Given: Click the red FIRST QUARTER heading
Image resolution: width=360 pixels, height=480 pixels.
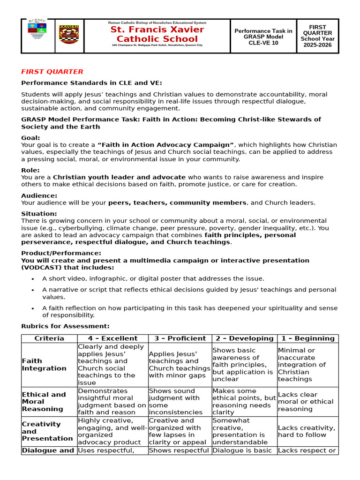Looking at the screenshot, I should (x=52, y=72).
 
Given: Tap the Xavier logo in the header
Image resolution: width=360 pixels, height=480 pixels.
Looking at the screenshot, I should (x=68, y=36).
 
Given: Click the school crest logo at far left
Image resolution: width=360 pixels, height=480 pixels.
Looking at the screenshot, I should (x=37, y=36).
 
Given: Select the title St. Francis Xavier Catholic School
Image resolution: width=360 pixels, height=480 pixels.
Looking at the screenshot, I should (x=157, y=34).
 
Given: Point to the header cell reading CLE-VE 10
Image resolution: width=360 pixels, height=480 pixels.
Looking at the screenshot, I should (x=263, y=43).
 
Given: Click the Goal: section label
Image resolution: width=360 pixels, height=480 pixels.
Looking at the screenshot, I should (x=30, y=138).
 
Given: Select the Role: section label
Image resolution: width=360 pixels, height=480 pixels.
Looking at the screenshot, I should (x=30, y=170).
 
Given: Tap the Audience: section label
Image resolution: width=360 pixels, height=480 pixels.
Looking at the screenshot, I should (x=39, y=195).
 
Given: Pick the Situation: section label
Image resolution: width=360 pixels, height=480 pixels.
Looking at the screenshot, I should (x=39, y=214).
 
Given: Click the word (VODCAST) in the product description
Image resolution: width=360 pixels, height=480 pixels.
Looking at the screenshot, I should (x=39, y=267).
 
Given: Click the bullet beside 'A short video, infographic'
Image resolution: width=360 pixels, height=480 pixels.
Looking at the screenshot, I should (x=32, y=279).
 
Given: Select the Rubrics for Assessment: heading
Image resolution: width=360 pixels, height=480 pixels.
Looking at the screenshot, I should (x=66, y=326).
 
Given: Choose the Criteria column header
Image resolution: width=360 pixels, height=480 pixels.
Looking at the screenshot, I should (x=49, y=338).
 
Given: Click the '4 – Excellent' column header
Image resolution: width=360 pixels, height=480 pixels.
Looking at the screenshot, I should (x=112, y=338).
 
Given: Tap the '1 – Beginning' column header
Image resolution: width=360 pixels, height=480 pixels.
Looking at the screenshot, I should (x=307, y=338).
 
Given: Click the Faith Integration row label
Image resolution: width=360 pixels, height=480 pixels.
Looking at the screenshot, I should (x=44, y=365).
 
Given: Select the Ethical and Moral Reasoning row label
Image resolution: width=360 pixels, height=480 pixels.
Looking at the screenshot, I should (x=44, y=402).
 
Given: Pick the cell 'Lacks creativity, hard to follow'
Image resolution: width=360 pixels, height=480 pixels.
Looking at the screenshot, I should (x=307, y=431).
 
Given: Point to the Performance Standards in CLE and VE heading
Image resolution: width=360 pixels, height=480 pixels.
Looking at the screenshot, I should (x=91, y=83).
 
